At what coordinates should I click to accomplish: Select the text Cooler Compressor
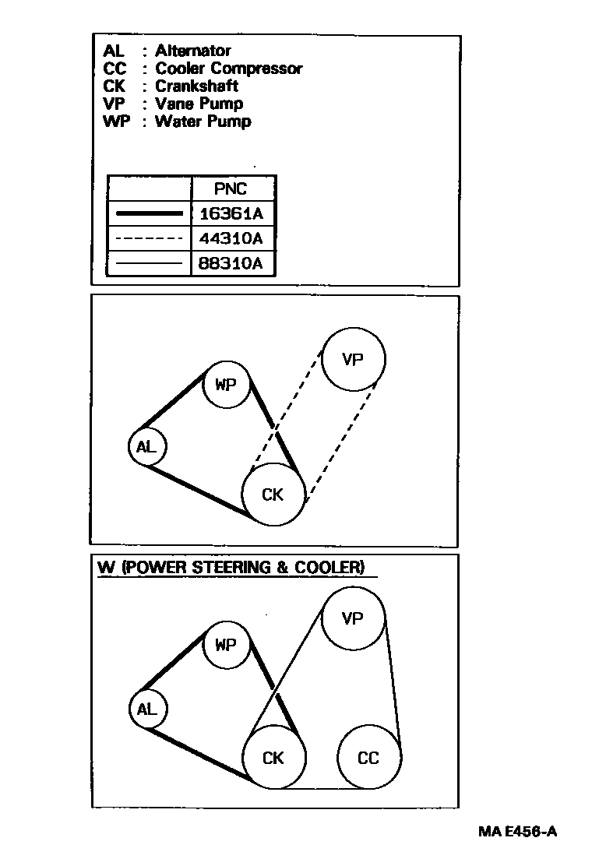pyautogui.click(x=228, y=69)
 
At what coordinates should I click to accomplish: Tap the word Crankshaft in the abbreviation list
pyautogui.click(x=196, y=86)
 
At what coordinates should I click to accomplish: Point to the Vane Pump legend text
pyautogui.click(x=199, y=104)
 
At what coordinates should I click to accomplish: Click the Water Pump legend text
pyautogui.click(x=203, y=121)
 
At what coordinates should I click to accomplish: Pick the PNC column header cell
pyautogui.click(x=231, y=188)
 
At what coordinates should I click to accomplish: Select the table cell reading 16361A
pyautogui.click(x=231, y=213)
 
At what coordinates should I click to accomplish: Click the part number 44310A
pyautogui.click(x=231, y=238)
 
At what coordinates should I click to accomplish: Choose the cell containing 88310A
pyautogui.click(x=231, y=263)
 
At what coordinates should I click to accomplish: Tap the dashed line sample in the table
pyautogui.click(x=148, y=238)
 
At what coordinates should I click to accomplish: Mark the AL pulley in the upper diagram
pyautogui.click(x=146, y=447)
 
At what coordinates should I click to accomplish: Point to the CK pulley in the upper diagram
pyautogui.click(x=273, y=494)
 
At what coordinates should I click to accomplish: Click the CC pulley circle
pyautogui.click(x=368, y=757)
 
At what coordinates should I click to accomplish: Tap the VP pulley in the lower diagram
pyautogui.click(x=353, y=618)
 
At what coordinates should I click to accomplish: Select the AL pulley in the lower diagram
pyautogui.click(x=146, y=709)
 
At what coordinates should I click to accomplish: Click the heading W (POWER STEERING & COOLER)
pyautogui.click(x=231, y=568)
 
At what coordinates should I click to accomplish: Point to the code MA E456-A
pyautogui.click(x=517, y=831)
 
